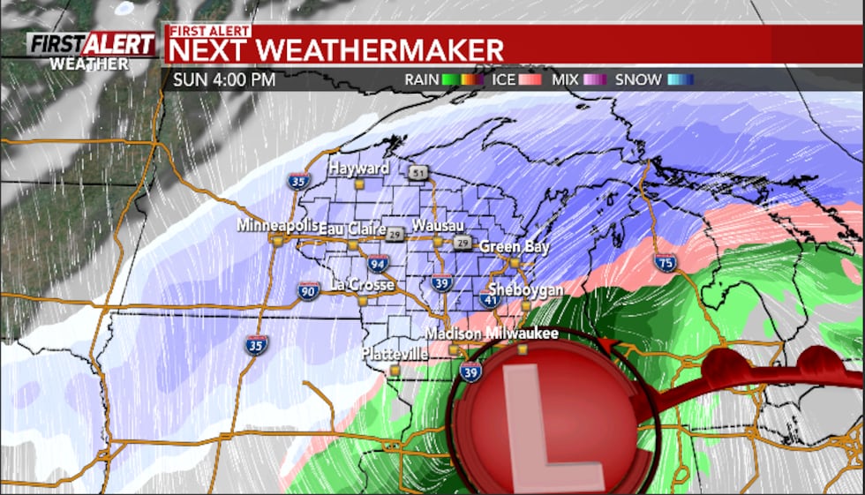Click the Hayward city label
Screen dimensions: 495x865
pos(359,168)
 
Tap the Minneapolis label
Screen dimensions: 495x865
pos(277,226)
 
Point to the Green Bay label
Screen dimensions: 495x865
pos(514,247)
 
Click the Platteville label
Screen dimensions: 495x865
pos(395,354)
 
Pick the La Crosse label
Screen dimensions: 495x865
pos(362,285)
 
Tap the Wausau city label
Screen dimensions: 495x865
pos(437,225)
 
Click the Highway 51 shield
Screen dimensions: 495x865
pos(417,172)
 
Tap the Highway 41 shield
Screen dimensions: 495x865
pos(490,300)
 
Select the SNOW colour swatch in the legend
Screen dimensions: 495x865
pos(680,79)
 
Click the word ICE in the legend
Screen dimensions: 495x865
pos(503,79)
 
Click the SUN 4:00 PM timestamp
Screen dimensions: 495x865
pos(224,79)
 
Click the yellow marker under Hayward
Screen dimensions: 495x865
pos(359,184)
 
